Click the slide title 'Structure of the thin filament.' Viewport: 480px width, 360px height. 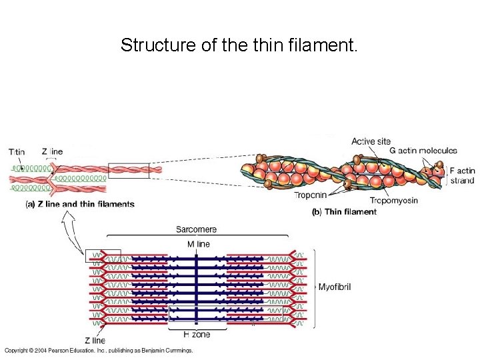[x=239, y=45]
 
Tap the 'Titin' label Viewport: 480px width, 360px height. [x=17, y=151]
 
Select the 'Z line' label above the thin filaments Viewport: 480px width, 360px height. [x=52, y=151]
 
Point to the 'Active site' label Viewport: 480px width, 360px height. [x=371, y=141]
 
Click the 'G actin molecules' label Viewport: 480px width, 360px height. [x=423, y=151]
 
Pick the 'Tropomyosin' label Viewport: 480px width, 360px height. [x=393, y=201]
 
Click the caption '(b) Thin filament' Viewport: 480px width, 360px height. [x=344, y=212]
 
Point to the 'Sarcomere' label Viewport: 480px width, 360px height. [x=196, y=229]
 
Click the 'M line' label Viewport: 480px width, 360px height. [x=198, y=244]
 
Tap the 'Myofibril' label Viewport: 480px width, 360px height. [x=335, y=287]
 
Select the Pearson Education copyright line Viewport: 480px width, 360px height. [x=99, y=351]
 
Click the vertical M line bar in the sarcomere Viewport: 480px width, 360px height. [x=197, y=287]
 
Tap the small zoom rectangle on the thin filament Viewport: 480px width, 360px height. [x=129, y=171]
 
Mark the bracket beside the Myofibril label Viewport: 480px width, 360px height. [x=313, y=287]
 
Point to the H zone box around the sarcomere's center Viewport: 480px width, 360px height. [x=197, y=317]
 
